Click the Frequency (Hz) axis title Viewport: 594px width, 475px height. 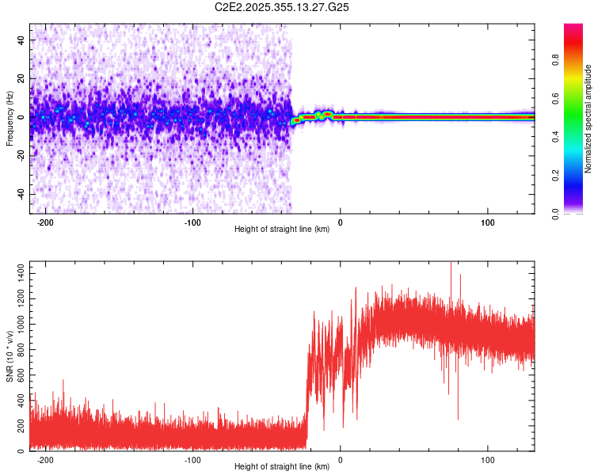(10, 119)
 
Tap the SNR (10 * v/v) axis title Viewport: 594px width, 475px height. (10, 356)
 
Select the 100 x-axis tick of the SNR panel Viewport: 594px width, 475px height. (489, 460)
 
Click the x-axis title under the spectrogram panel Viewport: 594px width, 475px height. (283, 230)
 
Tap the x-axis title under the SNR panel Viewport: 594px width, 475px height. (283, 467)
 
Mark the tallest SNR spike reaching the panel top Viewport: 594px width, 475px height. (451, 264)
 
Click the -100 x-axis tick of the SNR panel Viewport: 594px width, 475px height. (192, 460)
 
